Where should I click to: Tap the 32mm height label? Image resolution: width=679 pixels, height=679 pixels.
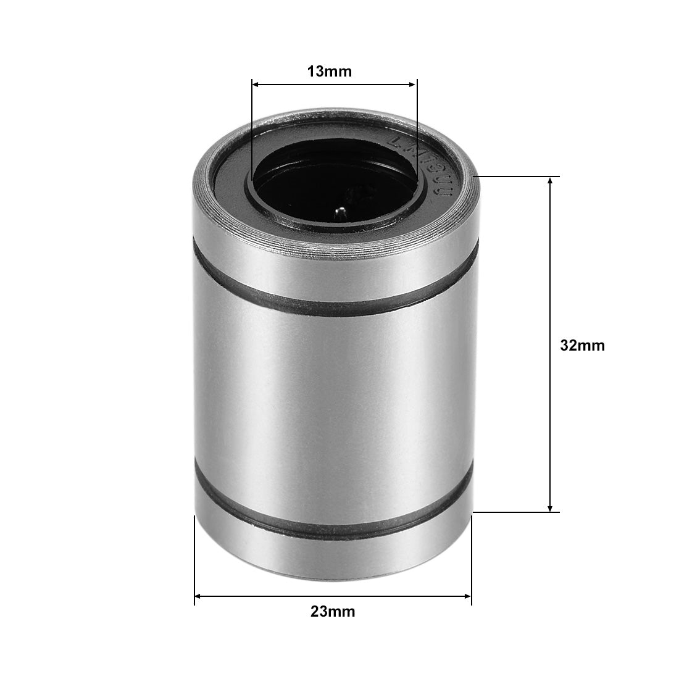tap(582, 346)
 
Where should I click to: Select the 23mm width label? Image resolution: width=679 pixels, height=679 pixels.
tap(333, 612)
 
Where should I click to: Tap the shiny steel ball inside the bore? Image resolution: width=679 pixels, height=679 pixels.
tap(339, 214)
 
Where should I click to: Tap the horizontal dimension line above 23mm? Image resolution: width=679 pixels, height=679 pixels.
tap(333, 596)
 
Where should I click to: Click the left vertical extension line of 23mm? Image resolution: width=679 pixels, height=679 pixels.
tap(194, 556)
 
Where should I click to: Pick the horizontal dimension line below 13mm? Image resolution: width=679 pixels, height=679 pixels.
tap(334, 85)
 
